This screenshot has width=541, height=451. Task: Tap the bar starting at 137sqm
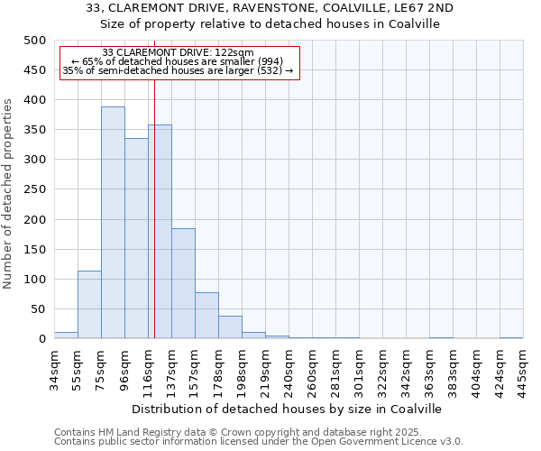[x=183, y=283]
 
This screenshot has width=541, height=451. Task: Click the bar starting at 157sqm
[x=206, y=316]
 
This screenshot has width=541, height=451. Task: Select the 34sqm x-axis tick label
[x=55, y=367]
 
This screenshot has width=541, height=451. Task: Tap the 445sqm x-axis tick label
[x=524, y=367]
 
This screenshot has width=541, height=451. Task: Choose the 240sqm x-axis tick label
[x=289, y=367]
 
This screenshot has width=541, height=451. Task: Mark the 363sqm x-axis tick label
[x=430, y=367]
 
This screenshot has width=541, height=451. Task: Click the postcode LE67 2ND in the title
[x=423, y=8]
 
